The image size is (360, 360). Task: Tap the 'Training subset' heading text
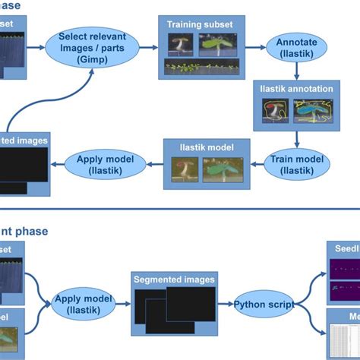[x=201, y=24]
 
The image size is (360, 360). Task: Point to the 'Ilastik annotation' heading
[x=296, y=89]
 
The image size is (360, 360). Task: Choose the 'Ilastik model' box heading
[x=202, y=147]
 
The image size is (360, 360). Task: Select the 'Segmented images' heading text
[x=173, y=279]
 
